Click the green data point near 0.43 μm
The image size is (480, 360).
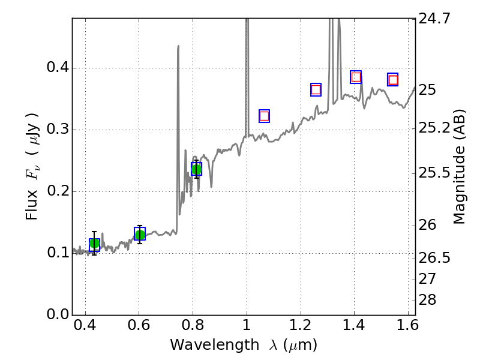(94, 244)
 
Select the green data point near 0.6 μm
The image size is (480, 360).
(140, 234)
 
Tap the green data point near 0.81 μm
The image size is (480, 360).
(196, 169)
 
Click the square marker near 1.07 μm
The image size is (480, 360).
(264, 116)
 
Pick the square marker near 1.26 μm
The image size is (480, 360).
(316, 89)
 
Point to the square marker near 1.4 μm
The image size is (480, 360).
(356, 77)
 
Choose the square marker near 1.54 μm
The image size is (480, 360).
(393, 80)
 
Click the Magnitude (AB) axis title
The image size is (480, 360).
(460, 166)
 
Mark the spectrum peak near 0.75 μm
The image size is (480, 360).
(178, 46)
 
